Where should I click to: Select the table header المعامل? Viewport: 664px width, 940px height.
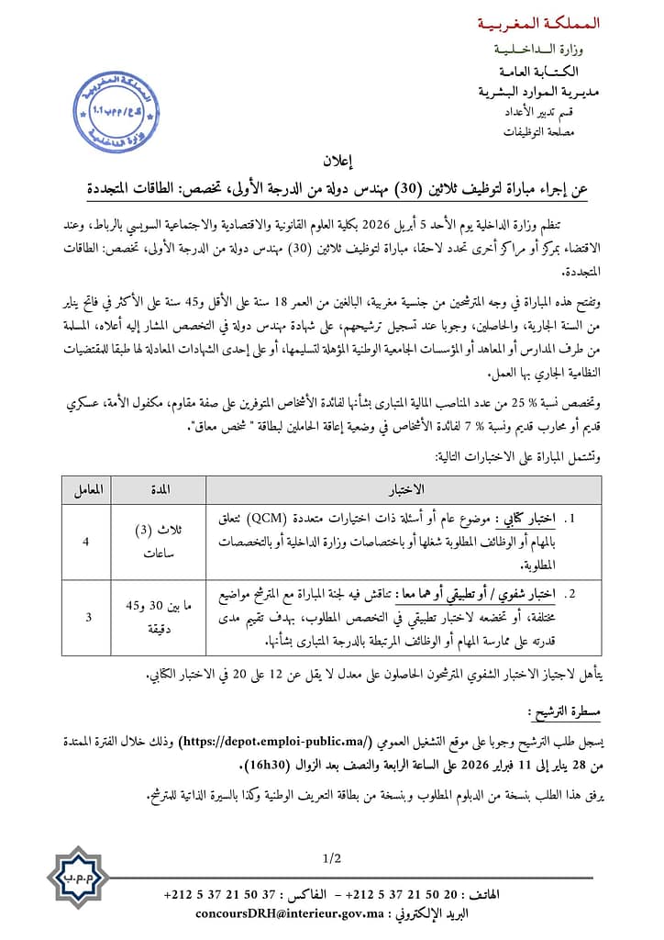coord(87,488)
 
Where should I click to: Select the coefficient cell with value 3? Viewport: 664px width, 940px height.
coord(87,617)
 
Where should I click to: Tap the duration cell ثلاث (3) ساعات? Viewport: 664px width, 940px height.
coord(161,542)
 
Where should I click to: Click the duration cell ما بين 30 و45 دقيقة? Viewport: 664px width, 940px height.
coord(161,617)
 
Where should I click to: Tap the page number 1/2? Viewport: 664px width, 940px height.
coord(332,859)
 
